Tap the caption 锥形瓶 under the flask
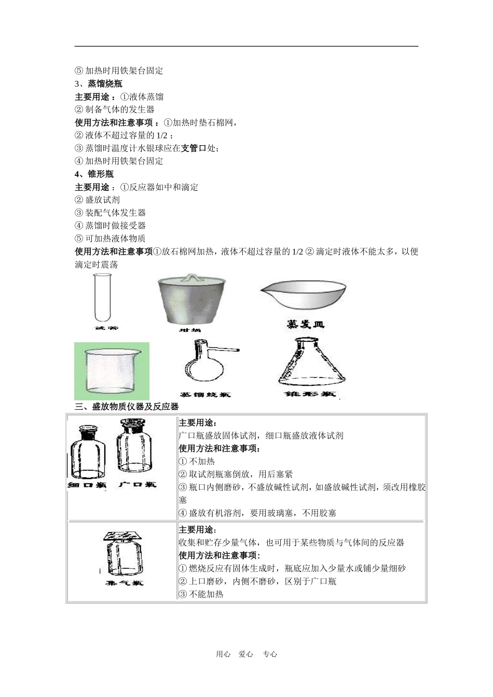click(310, 394)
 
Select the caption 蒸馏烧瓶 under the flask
click(204, 395)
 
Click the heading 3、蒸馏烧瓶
click(99, 83)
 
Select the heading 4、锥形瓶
click(94, 174)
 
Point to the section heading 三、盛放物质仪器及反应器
click(127, 407)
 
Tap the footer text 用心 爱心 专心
click(246, 654)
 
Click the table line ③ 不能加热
click(201, 594)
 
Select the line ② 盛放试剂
click(98, 200)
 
